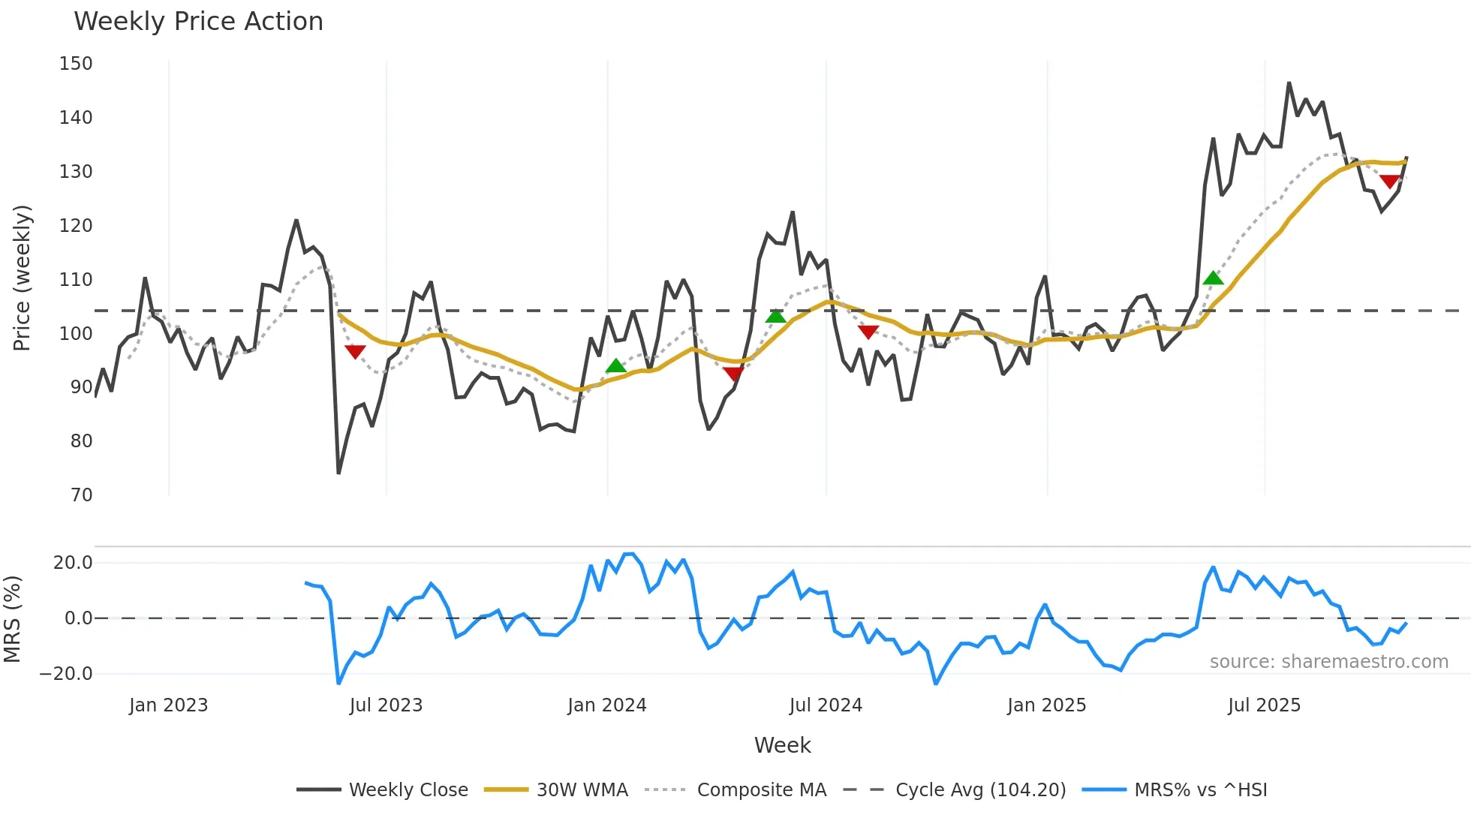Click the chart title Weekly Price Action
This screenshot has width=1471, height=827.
click(x=198, y=22)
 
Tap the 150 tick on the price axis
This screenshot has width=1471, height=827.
click(x=76, y=64)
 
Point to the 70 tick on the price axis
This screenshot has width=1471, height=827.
click(x=81, y=495)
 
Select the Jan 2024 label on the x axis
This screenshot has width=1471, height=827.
click(x=606, y=705)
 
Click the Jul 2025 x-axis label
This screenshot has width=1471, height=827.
click(x=1264, y=705)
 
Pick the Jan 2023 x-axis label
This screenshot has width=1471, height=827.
click(x=168, y=705)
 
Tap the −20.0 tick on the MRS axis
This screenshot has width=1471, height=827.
click(x=66, y=674)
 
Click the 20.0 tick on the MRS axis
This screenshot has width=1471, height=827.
click(x=73, y=563)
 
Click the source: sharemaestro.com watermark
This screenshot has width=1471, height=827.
click(x=1328, y=662)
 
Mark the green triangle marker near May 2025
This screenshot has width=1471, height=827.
click(x=1213, y=278)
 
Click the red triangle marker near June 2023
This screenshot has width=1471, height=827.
click(x=355, y=351)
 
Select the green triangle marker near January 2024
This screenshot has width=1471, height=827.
click(x=615, y=366)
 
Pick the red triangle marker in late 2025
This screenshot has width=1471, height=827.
click(x=1389, y=182)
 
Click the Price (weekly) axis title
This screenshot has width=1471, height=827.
click(x=23, y=278)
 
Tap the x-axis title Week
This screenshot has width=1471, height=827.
click(x=782, y=745)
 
